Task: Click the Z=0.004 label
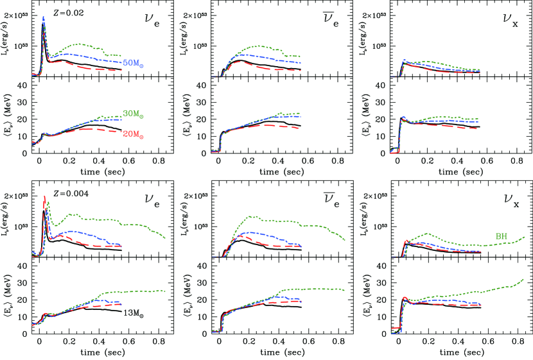coord(62,193)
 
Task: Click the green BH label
coord(502,237)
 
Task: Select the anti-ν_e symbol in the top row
coord(329,20)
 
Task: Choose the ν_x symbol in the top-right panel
coord(508,21)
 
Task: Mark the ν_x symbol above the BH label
coord(508,201)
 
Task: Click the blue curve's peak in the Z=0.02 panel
coord(43,17)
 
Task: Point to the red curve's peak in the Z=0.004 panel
coord(44,196)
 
